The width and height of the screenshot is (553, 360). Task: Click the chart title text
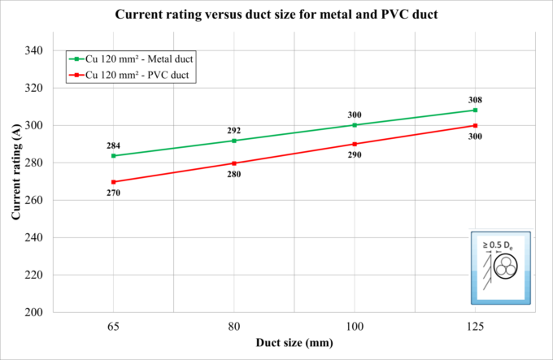coord(277,15)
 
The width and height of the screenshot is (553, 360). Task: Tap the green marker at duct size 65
coord(114,155)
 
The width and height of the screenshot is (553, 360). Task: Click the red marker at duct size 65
coord(114,182)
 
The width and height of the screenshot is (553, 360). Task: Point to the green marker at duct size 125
coord(475,110)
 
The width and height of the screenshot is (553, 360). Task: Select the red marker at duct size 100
coord(355,144)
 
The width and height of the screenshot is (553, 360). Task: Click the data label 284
coord(114,145)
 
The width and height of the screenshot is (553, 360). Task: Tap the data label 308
coord(475,100)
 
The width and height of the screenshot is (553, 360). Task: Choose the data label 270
coord(114,193)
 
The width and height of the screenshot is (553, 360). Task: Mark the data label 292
coord(234,130)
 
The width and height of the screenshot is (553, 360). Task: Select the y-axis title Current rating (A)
coord(15,180)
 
